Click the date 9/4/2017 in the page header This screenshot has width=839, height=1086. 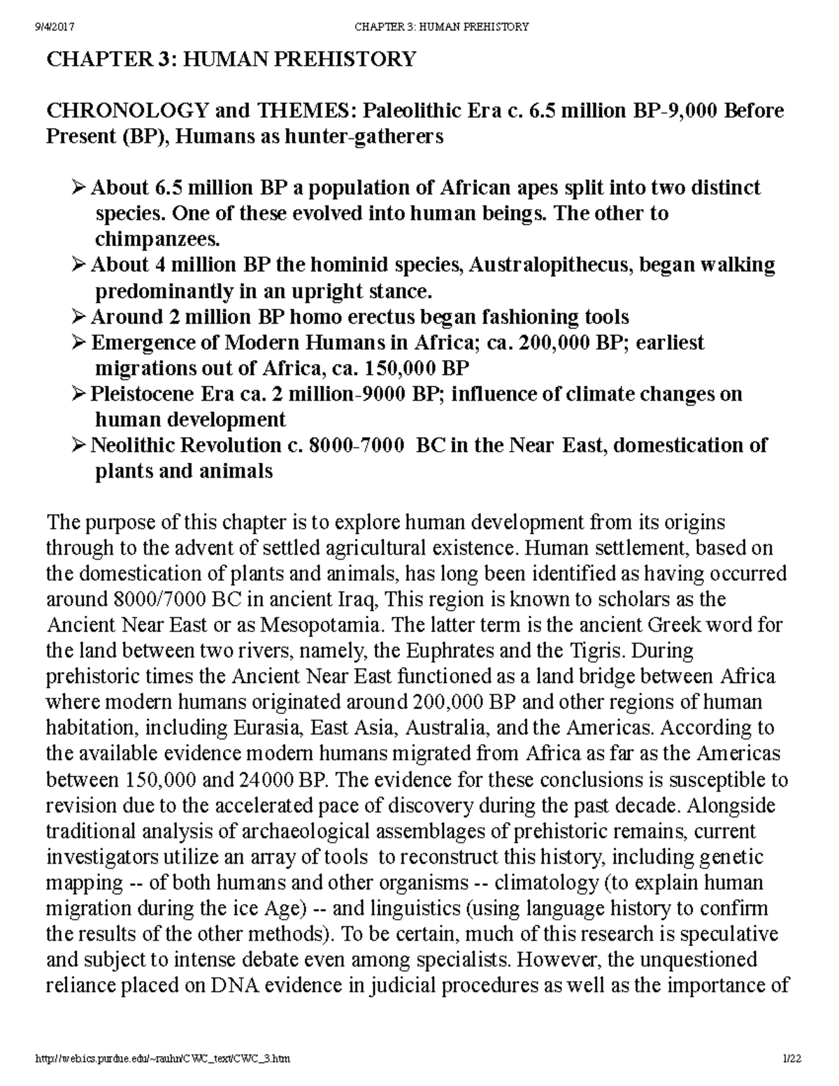55,27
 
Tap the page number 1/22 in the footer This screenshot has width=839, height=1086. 791,1059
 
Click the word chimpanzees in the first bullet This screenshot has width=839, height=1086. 157,240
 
